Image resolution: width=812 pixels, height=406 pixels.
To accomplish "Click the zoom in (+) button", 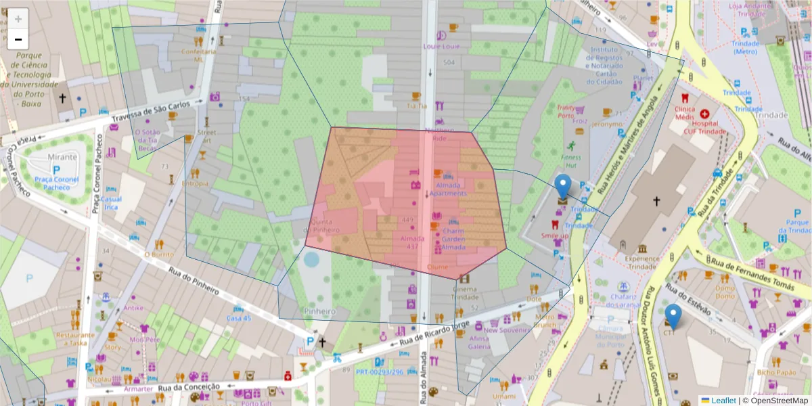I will pos(18,19).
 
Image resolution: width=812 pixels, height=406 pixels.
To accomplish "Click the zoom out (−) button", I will pos(18,39).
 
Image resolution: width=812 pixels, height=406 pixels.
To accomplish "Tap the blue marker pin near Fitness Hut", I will pos(562,185).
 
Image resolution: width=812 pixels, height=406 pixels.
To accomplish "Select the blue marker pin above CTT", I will pos(673,315).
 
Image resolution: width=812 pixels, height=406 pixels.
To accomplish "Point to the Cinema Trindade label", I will pos(464,293).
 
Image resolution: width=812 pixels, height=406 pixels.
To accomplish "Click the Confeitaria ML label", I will pos(198,55).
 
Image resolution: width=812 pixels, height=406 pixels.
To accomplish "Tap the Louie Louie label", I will pos(441,47).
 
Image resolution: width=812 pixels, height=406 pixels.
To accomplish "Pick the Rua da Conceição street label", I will pos(189,387).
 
